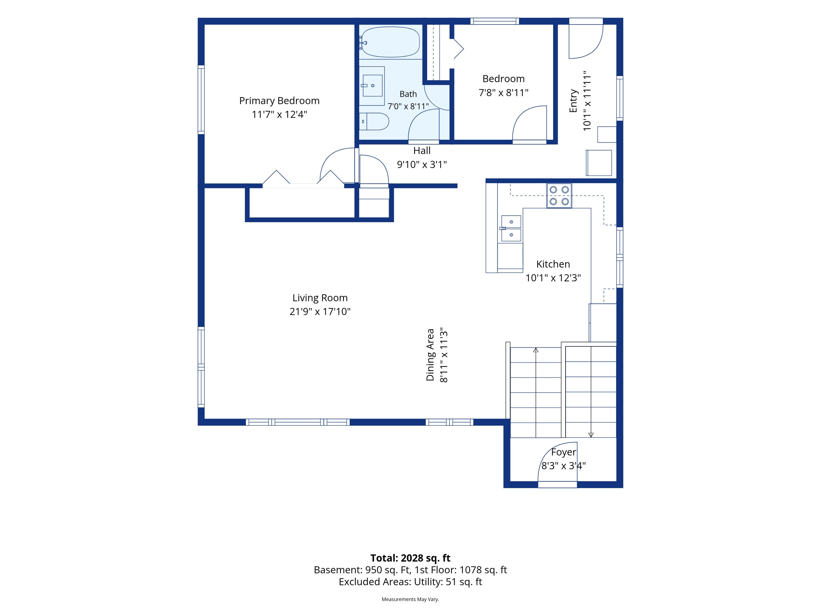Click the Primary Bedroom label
point(279,101)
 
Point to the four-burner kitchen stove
point(559,196)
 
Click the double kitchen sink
point(511,228)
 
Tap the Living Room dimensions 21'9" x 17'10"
point(320,311)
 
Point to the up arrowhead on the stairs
point(536,350)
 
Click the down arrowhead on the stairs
point(591,435)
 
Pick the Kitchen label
point(553,264)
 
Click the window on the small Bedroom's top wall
point(494,21)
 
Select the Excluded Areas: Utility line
point(410,582)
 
